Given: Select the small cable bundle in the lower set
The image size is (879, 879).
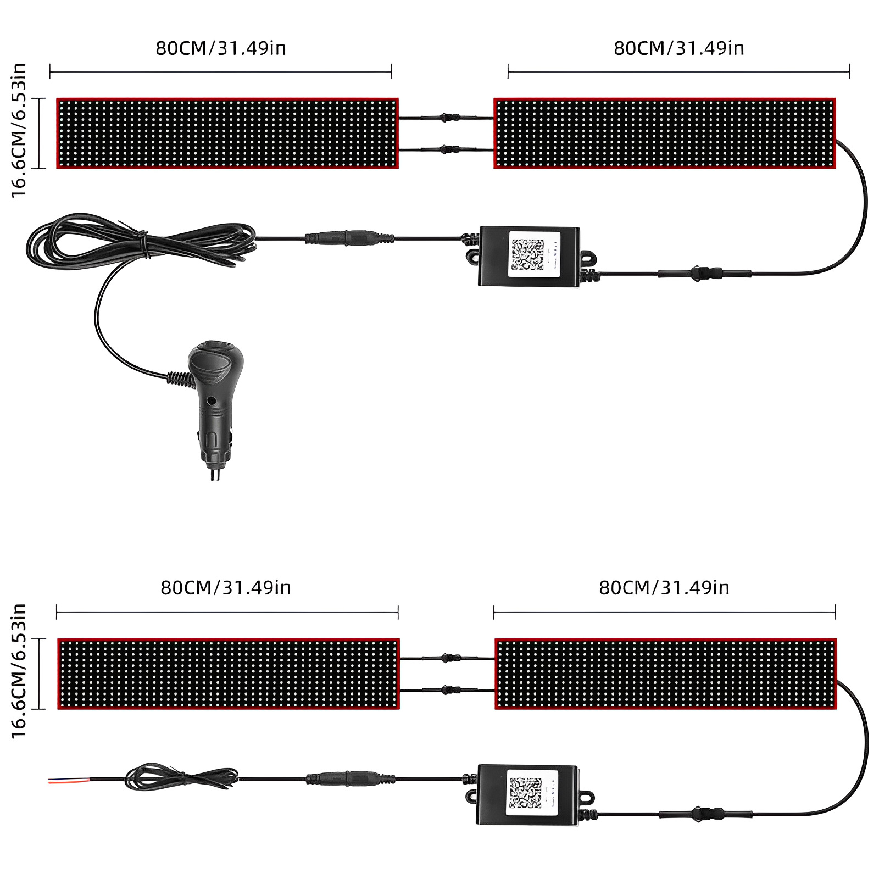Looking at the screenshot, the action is pos(181,777).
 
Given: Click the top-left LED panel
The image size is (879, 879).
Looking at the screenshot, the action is pos(227,133).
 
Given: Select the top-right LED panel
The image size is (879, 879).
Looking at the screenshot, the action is pos(665,133).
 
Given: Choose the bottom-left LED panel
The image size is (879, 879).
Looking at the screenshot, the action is pos(229,674).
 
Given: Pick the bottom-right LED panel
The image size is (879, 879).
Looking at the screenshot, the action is pos(666,674).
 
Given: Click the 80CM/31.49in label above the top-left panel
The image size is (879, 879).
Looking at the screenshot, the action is pos(221,48).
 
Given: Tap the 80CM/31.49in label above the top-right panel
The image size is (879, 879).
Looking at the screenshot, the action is pos(679,48).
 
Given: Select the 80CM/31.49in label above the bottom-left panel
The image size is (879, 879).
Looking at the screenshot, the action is pos(226,588).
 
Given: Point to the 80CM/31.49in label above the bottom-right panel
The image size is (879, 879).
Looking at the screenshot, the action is pos(664,588).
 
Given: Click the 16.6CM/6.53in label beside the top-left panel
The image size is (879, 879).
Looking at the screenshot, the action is pos(19,130).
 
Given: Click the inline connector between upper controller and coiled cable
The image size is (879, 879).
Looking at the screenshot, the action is pos(349,238).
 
